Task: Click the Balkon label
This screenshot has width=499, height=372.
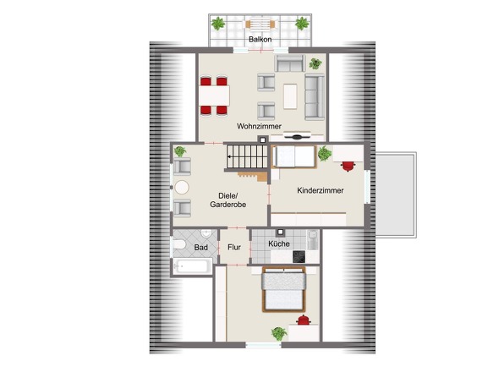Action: [x=260, y=40]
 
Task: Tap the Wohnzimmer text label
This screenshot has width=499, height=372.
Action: [x=259, y=126]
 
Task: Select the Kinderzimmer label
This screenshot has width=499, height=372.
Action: [x=321, y=190]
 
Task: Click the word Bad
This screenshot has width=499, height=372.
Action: [x=200, y=247]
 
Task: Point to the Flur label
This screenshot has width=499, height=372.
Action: [x=234, y=247]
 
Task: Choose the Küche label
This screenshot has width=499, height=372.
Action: [x=279, y=243]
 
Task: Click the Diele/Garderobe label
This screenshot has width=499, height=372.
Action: [x=228, y=200]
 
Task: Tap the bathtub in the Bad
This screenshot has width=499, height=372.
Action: [x=193, y=265]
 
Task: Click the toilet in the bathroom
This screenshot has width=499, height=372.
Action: [x=179, y=244]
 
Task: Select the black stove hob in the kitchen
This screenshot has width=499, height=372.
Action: [x=299, y=257]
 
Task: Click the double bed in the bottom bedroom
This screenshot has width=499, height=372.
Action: [x=283, y=289]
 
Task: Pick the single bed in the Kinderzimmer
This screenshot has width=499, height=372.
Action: [x=294, y=156]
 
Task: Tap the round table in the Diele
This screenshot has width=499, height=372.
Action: [x=182, y=188]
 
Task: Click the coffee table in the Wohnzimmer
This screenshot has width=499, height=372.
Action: [x=290, y=96]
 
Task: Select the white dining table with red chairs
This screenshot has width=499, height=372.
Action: [x=215, y=96]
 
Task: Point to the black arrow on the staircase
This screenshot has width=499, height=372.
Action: [x=230, y=157]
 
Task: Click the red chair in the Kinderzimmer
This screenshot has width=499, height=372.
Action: [x=348, y=166]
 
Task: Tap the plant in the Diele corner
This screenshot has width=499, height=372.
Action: [x=180, y=151]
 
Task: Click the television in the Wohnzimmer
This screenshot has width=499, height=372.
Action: [x=297, y=137]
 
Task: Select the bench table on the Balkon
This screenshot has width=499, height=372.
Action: [x=260, y=25]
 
